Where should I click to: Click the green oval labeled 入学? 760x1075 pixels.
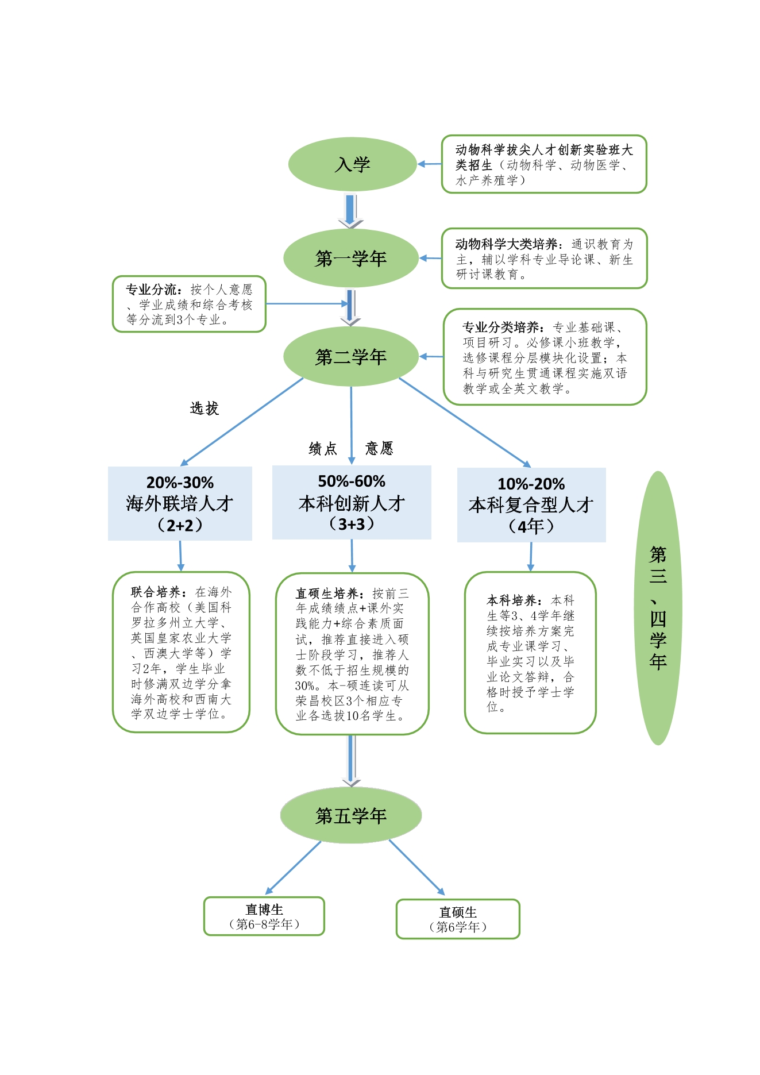tap(352, 164)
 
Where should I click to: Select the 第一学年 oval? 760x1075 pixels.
tap(351, 258)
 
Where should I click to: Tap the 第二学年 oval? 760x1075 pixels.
tap(351, 357)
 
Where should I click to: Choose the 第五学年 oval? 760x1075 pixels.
tap(351, 815)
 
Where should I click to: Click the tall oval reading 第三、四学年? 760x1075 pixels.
tap(658, 608)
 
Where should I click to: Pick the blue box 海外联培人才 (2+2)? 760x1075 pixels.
tap(180, 503)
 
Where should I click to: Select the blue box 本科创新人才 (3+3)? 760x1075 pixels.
tap(352, 502)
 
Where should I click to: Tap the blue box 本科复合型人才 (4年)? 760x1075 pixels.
tap(531, 504)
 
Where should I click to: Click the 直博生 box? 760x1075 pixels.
tap(264, 916)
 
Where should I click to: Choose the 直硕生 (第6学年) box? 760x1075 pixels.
tap(458, 919)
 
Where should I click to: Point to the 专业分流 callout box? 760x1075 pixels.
tap(189, 304)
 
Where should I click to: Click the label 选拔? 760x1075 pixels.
tap(205, 409)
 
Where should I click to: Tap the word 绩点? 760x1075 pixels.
tap(323, 449)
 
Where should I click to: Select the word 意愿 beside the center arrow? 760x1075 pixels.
tap(379, 448)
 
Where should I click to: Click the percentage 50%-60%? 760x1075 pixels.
tap(352, 481)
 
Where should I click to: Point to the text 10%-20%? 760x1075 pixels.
tap(531, 484)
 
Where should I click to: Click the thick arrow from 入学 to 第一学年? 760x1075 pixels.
tap(350, 211)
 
